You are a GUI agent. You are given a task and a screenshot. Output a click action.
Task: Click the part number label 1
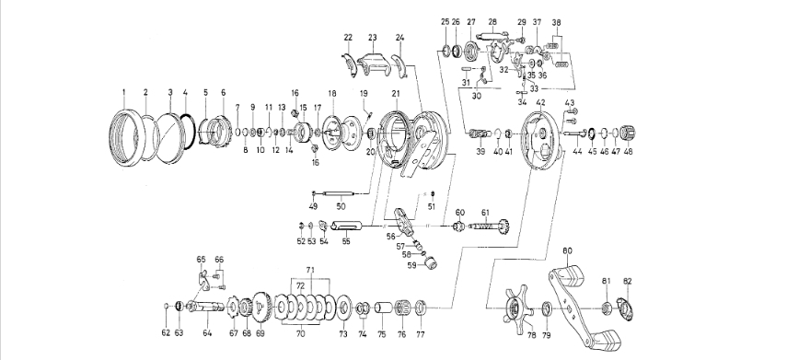point(123,92)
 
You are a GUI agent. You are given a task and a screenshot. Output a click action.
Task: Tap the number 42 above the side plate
point(540,102)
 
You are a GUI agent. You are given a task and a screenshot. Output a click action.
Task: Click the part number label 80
point(567,250)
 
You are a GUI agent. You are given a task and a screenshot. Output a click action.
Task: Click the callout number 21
point(396,93)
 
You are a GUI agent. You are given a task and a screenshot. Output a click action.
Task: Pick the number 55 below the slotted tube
point(346,241)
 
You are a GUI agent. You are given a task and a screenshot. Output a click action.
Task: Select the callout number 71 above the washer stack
point(310,270)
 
